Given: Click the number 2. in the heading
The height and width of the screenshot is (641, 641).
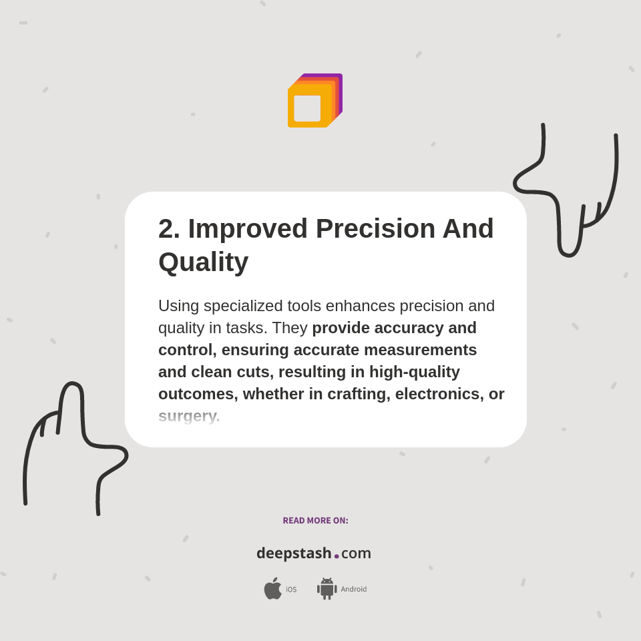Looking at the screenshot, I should tap(169, 229).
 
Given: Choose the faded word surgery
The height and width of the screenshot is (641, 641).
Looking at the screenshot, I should tap(189, 416).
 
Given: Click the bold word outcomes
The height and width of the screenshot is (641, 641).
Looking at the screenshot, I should tap(196, 394).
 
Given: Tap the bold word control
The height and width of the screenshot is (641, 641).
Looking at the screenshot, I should tap(185, 350).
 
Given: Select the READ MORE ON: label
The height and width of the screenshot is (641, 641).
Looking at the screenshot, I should tap(315, 521).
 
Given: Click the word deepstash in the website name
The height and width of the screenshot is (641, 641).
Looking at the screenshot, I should tap(294, 553).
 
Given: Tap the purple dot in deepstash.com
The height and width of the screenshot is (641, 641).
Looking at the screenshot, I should tap(337, 556).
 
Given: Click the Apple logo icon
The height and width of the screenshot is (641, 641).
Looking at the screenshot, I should tap(272, 588).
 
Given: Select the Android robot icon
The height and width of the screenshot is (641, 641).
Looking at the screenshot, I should tap(327, 588).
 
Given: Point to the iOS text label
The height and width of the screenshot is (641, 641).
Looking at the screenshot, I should tap(291, 590).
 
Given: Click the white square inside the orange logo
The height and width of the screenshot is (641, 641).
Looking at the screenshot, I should tap(307, 108).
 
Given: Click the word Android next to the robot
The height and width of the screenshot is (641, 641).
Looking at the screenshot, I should tap(354, 590).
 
